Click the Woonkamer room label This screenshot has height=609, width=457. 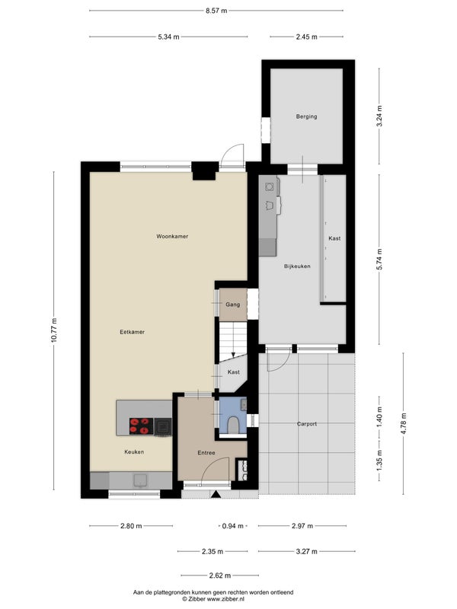[x=172, y=236]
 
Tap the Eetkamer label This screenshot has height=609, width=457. [x=132, y=332]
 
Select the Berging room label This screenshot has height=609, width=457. [x=307, y=116]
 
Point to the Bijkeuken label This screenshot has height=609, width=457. [x=297, y=266]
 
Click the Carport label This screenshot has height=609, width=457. [x=307, y=424]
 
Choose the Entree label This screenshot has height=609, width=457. [x=206, y=453]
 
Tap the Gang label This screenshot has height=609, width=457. [x=233, y=304]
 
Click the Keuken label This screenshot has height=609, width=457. [x=134, y=451]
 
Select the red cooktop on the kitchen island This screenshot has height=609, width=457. [x=141, y=426]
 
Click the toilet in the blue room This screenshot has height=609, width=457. [x=234, y=425]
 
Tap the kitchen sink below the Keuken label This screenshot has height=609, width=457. [x=140, y=480]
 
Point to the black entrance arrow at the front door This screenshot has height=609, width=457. [x=216, y=494]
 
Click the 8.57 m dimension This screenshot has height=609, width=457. [x=216, y=11]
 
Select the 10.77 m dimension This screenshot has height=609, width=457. [x=54, y=330]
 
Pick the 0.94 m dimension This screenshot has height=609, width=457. [x=232, y=526]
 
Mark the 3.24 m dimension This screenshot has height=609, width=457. [x=379, y=116]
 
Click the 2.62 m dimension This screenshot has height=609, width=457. [x=220, y=576]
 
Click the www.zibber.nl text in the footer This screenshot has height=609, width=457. [x=225, y=599]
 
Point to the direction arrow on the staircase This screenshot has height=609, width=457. [x=233, y=355]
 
